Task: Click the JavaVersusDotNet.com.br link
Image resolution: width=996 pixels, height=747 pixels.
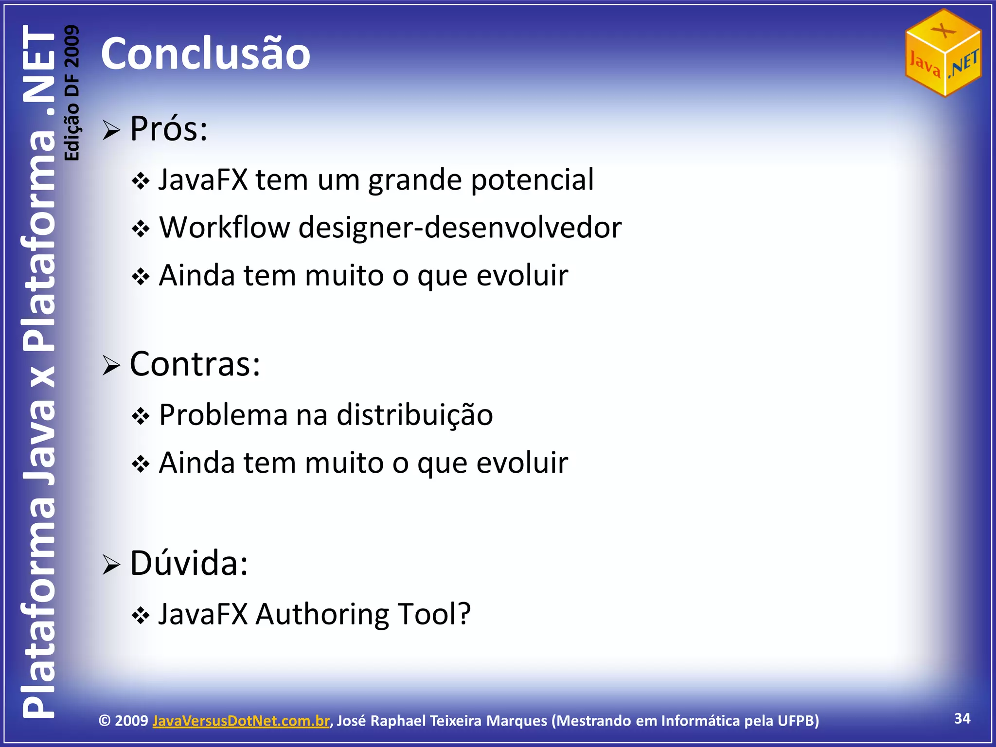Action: click(241, 720)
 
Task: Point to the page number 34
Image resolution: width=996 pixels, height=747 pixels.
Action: click(962, 718)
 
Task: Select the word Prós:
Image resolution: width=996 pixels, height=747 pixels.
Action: click(169, 129)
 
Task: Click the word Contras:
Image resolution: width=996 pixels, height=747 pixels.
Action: click(195, 364)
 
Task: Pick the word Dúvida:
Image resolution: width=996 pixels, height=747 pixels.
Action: click(189, 563)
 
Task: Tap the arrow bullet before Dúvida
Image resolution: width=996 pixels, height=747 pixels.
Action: click(111, 565)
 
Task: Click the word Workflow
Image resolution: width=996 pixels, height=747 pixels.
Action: click(225, 227)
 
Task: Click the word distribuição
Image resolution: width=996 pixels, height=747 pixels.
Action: click(414, 415)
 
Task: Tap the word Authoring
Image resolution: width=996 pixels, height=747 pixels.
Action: click(322, 614)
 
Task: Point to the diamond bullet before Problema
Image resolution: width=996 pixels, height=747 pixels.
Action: click(141, 417)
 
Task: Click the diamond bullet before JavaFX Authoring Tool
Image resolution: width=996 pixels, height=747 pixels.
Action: click(141, 616)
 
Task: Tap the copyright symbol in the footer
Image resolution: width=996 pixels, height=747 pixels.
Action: click(105, 720)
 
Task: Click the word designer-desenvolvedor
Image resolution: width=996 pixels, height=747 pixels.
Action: click(460, 227)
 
